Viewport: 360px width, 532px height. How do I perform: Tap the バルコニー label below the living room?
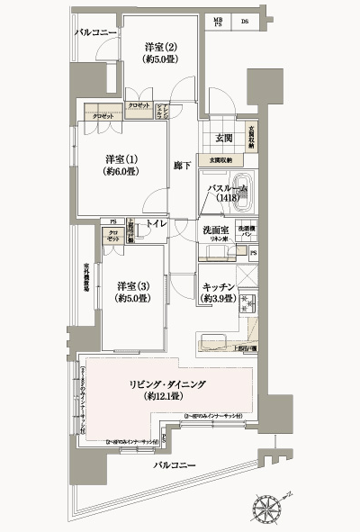(x=175, y=465)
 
